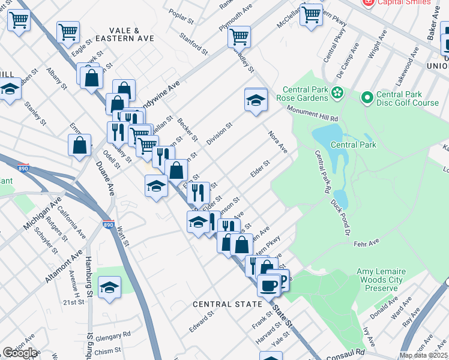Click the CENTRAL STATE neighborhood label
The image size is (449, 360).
coord(228,304)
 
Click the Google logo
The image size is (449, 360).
coord(20,353)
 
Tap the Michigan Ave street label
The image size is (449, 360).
coord(43,214)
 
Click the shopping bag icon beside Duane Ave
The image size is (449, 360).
coord(80,145)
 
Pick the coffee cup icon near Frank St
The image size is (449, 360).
coord(269,284)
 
